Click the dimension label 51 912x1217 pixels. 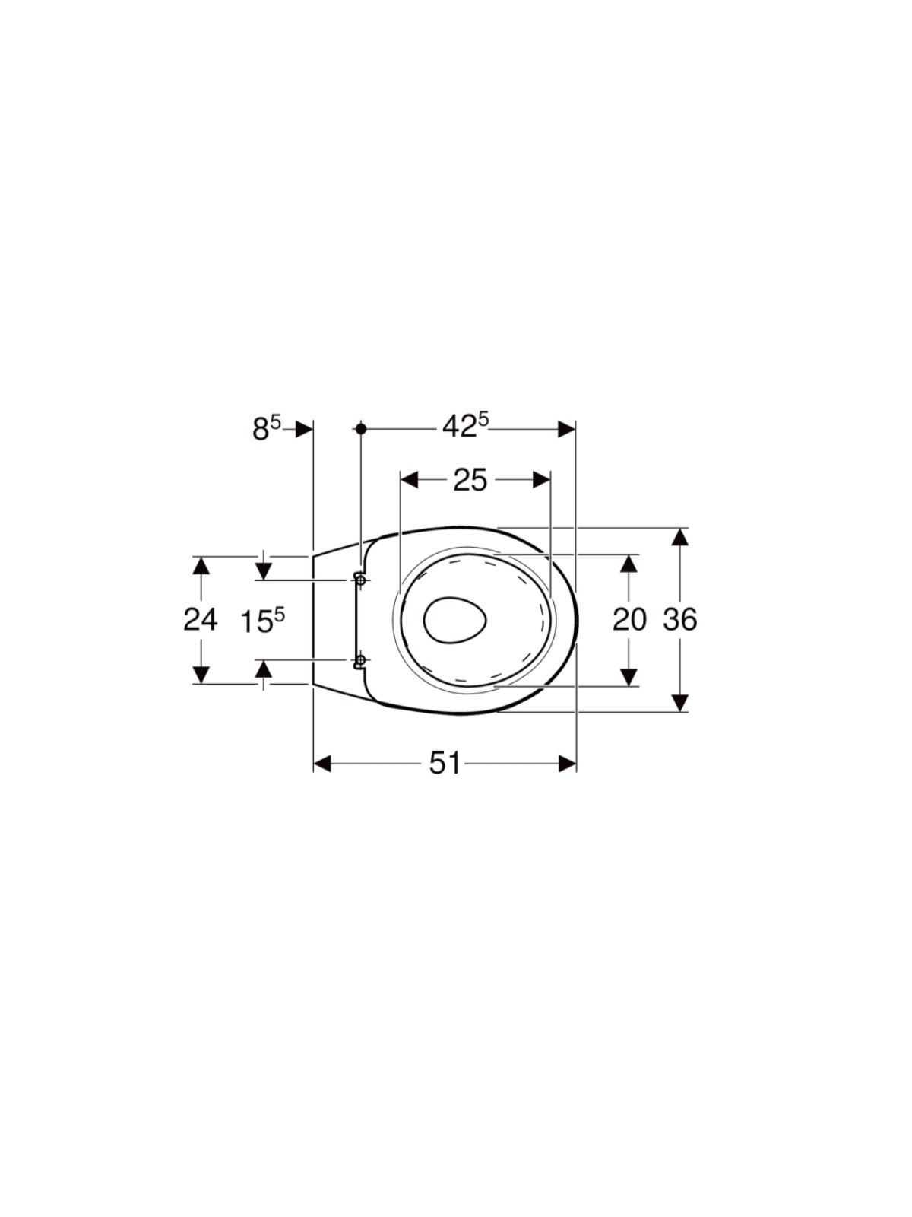(x=445, y=764)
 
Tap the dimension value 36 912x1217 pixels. (x=680, y=619)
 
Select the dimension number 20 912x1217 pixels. (x=629, y=619)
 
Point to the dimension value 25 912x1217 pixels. (x=470, y=480)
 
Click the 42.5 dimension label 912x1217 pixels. (x=466, y=427)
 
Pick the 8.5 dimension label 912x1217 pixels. (x=268, y=428)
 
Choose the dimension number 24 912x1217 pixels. (x=201, y=619)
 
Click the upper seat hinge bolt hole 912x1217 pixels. (x=360, y=580)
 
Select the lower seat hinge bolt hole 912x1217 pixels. (x=360, y=659)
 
